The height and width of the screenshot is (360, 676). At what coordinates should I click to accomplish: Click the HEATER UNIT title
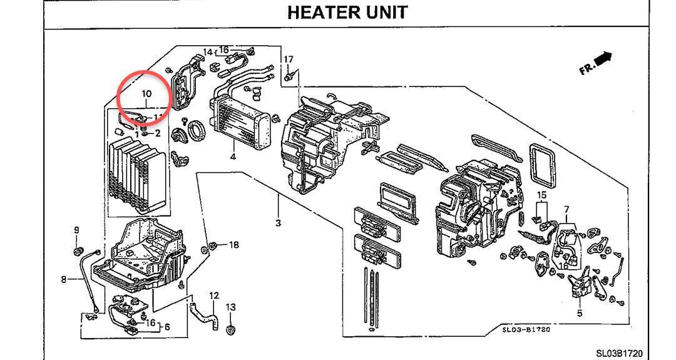point(347,13)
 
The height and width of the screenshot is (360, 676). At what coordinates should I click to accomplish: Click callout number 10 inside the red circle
point(146,94)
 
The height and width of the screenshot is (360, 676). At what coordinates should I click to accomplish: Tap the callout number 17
point(289,59)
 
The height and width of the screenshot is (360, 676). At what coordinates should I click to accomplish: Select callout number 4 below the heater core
point(232,157)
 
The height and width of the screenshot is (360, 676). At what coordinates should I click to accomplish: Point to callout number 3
point(278,223)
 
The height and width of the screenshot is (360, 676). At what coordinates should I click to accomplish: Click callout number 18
point(233,245)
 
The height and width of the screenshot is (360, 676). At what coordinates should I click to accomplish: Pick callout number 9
point(77,230)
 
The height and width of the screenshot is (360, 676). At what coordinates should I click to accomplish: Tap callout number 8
point(64,279)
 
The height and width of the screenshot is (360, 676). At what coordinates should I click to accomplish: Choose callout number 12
point(213,296)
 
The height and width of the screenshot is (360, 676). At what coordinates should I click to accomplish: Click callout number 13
point(231,307)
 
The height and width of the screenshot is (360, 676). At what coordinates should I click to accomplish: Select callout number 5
point(580,313)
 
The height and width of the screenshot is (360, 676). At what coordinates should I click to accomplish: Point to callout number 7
point(566,209)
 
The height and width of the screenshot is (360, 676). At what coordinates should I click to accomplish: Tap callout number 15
point(541,195)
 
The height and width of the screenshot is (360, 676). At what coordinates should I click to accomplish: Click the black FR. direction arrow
point(602,59)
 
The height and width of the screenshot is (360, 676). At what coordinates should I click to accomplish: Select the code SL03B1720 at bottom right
point(618,354)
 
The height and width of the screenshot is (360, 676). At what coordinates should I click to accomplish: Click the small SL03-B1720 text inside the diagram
point(525,329)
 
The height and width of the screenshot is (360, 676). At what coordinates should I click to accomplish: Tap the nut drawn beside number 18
point(215,245)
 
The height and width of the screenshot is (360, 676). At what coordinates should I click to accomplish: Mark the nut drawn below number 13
point(231,329)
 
